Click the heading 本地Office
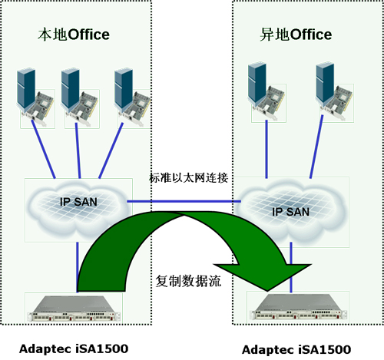pos(74,35)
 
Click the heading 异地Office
pos(296,35)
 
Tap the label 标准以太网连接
pos(188,178)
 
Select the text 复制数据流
pos(188,281)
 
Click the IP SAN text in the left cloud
pos(78,202)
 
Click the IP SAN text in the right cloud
pos(290,212)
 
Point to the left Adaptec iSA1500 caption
pos(74,348)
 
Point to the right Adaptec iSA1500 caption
pos(296,349)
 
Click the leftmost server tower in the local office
pos(26,88)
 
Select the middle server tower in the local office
pos(70,88)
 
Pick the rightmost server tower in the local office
pos(124,88)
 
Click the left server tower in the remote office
pos(257,83)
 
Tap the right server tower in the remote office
pos(325,83)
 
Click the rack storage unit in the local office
pos(74,309)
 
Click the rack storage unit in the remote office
pos(299,307)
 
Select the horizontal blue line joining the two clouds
pos(184,201)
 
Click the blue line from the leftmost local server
pos(43,149)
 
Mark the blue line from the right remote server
pos(316,147)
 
